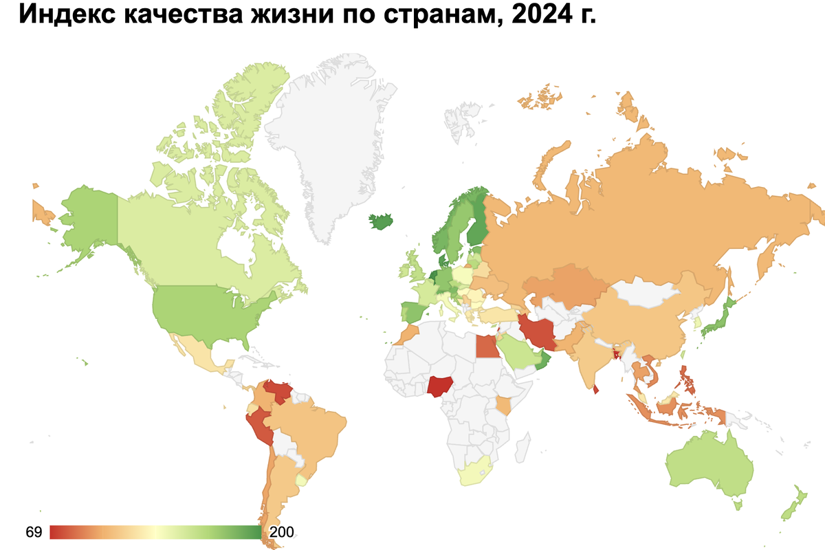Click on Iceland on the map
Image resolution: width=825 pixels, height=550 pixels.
[x=382, y=222]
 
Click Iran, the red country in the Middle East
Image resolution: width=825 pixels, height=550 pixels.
[x=540, y=332]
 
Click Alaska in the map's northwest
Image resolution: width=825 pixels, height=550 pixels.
[x=86, y=220]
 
